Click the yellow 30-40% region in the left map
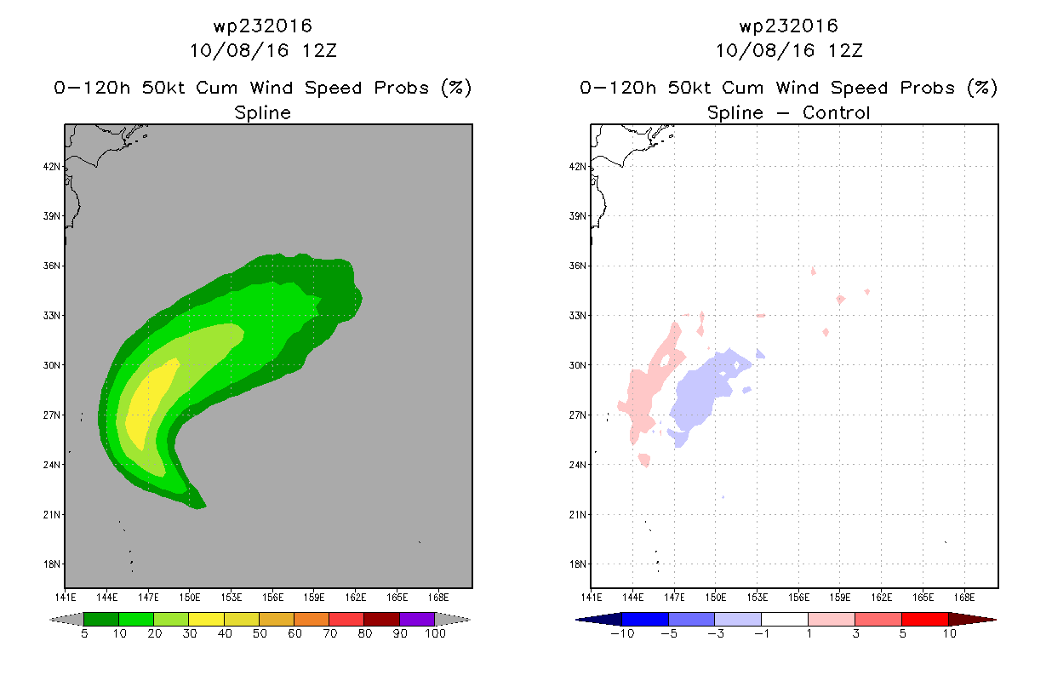tap(151, 403)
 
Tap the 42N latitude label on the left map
tap(52, 167)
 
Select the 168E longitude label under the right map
tap(964, 598)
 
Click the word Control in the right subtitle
tap(836, 112)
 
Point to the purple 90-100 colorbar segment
tap(417, 619)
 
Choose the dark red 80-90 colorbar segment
tap(382, 619)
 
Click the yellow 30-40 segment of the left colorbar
tap(206, 619)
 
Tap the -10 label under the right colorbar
tap(622, 633)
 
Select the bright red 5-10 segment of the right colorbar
tap(925, 619)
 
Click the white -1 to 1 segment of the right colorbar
tap(785, 619)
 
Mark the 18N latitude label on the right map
tap(578, 564)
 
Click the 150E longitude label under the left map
tap(190, 598)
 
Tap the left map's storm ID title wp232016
tap(263, 26)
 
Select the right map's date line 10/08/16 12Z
tap(789, 51)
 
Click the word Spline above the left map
tap(263, 112)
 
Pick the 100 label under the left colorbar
tap(435, 633)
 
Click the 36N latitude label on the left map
tap(52, 266)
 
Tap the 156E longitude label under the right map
tap(798, 598)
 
